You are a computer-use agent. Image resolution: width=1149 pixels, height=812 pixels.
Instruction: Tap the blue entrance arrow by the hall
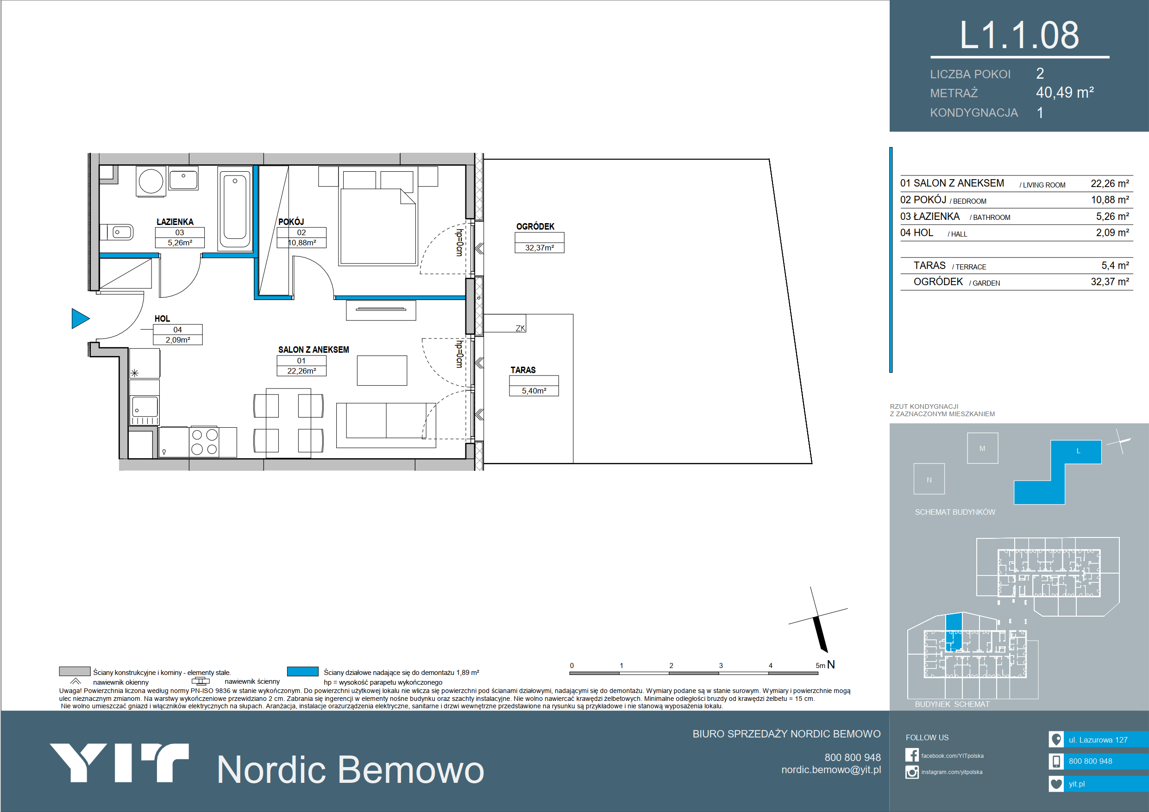[x=81, y=318]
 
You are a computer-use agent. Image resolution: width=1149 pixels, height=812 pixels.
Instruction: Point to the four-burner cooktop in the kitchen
[x=205, y=442]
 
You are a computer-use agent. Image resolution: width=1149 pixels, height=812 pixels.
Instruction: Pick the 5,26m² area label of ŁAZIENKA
[x=180, y=243]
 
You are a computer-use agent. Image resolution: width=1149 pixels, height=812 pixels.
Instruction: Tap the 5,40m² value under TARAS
[x=534, y=391]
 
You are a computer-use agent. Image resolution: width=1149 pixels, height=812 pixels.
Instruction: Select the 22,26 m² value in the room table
[x=1110, y=184]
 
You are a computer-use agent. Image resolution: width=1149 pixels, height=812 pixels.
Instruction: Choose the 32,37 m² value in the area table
[x=1110, y=281]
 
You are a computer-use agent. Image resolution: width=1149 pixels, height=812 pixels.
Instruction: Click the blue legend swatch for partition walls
[x=302, y=671]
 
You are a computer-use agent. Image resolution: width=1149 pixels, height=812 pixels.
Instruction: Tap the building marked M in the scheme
[x=982, y=448]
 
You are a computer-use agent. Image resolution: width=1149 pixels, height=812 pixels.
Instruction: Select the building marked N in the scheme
[x=929, y=479]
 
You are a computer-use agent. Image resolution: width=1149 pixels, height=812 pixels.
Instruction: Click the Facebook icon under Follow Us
[x=912, y=755]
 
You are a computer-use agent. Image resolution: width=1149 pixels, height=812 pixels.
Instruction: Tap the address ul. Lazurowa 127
[x=1098, y=739]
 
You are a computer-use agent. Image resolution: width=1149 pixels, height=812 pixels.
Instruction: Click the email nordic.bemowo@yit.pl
[x=831, y=769]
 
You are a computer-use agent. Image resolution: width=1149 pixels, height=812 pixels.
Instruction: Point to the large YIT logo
[x=119, y=762]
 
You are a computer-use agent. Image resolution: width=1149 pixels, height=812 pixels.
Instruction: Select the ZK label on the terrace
[x=520, y=328]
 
